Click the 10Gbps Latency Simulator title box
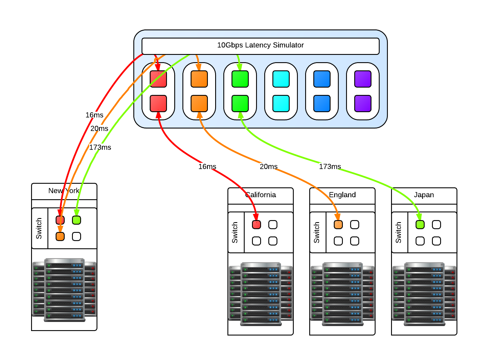[260, 45]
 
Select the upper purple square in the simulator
[363, 79]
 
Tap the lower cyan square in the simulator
[281, 103]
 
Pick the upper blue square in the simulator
[322, 79]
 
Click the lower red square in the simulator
[158, 103]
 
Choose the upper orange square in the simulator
[199, 79]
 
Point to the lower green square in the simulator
[240, 103]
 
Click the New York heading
[64, 191]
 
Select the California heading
[261, 195]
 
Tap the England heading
[342, 195]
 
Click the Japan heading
[424, 195]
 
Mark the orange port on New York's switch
[60, 236]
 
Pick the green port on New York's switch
[76, 220]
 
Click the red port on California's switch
[256, 224]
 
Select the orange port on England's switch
[338, 224]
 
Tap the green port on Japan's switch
[420, 224]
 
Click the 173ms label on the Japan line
[330, 166]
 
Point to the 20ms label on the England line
[268, 166]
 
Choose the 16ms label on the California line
[207, 166]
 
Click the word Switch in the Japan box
[399, 232]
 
